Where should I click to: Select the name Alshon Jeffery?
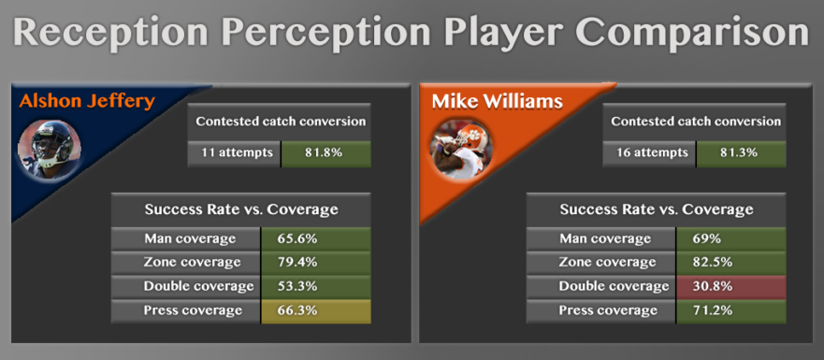tap(87, 100)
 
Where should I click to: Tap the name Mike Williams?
tap(498, 101)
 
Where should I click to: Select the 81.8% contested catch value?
tap(325, 153)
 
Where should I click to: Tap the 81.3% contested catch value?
tap(741, 153)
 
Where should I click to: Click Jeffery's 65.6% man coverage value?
tap(297, 238)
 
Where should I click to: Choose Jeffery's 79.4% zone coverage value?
tap(297, 262)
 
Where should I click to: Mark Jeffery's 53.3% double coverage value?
tap(297, 286)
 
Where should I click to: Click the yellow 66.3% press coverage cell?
tap(316, 311)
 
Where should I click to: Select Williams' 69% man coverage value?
tap(707, 238)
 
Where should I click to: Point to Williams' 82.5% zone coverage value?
tap(713, 262)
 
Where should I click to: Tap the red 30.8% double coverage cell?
tap(731, 286)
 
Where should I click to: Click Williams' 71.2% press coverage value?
tap(713, 310)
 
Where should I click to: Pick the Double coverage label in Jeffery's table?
tap(198, 286)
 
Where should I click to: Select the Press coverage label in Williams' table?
tap(608, 310)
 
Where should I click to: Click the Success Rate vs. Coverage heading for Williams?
tap(657, 209)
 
